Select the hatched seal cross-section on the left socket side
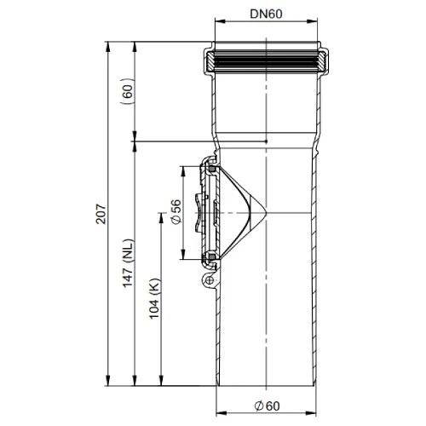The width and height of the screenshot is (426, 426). (209, 62)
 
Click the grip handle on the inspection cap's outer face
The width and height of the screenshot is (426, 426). (201, 212)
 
